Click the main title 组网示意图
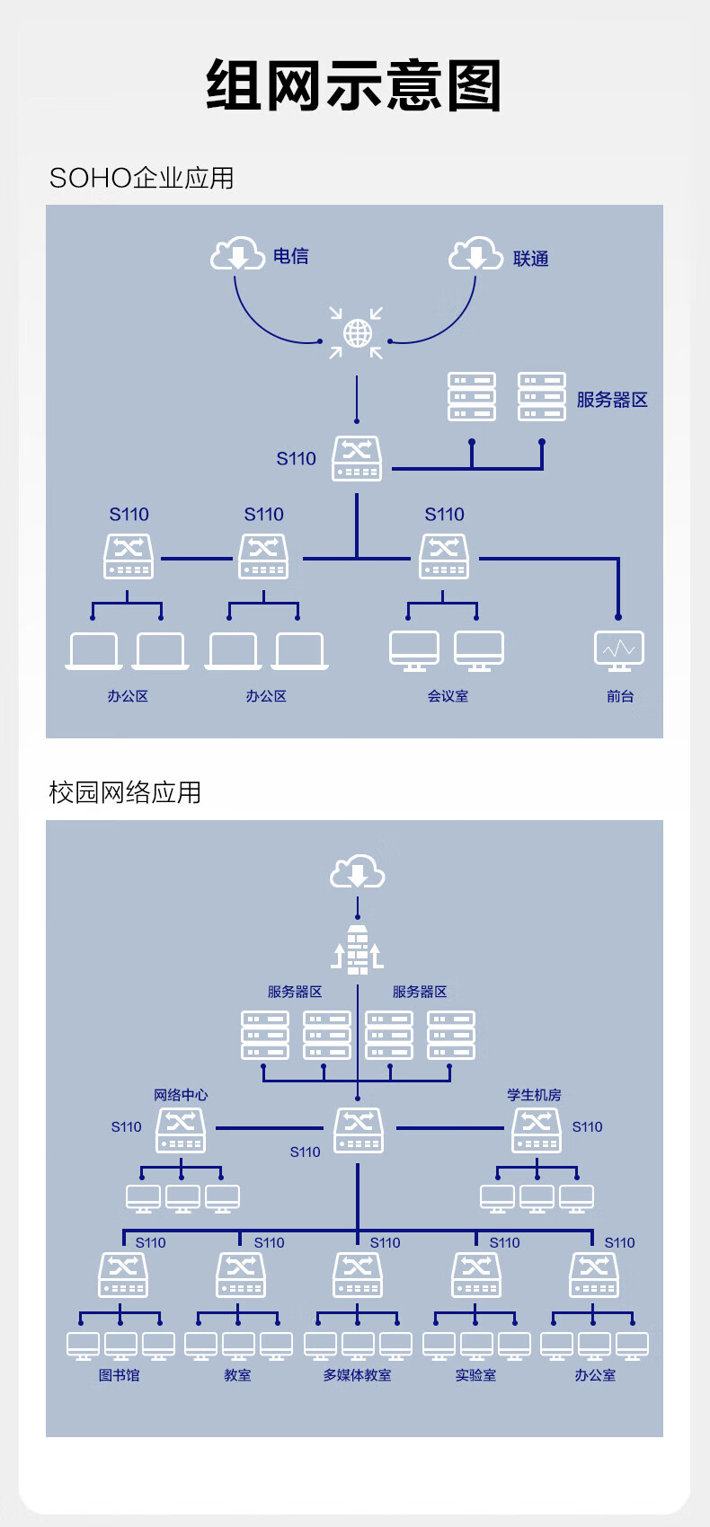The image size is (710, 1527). [354, 86]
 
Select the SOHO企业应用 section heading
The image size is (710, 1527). [141, 178]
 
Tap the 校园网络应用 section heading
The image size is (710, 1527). [125, 792]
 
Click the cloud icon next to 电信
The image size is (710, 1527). [237, 254]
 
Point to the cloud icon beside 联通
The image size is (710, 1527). [475, 254]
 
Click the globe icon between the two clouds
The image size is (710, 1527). [357, 333]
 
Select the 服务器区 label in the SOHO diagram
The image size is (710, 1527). [612, 400]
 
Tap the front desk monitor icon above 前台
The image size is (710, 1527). [619, 650]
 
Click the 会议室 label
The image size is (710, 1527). [448, 696]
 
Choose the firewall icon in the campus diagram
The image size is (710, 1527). [358, 949]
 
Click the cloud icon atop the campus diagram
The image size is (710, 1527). [358, 871]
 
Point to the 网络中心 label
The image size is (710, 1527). [181, 1095]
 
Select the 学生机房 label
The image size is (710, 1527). [534, 1095]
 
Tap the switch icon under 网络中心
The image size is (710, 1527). [181, 1130]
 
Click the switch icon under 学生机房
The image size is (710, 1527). [537, 1130]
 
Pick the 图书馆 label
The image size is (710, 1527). [120, 1375]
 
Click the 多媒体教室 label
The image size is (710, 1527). [358, 1375]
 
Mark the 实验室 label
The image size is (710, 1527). [475, 1375]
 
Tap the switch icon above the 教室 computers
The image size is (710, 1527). [241, 1275]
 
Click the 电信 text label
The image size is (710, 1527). [291, 257]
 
